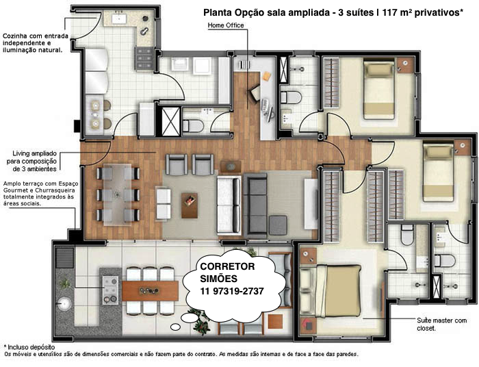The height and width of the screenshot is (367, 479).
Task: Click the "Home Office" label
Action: [226, 25]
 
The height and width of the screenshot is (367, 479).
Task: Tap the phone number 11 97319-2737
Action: [232, 291]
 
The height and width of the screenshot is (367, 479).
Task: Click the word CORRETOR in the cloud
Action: [227, 266]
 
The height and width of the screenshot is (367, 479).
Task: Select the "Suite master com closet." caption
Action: [442, 325]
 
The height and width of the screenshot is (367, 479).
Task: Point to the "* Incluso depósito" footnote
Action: [29, 347]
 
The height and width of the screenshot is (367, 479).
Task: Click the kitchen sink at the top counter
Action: [118, 19]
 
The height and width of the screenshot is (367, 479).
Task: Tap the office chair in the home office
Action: [254, 92]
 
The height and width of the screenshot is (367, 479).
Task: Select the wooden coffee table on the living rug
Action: [190, 205]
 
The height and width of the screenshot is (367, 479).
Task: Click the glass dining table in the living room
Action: [118, 194]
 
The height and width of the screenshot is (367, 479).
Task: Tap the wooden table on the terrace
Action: [151, 290]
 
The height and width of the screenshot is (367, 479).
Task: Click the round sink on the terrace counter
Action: [64, 304]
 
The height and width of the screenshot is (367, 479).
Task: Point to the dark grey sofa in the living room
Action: [255, 205]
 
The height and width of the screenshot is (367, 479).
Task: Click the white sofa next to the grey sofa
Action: [229, 205]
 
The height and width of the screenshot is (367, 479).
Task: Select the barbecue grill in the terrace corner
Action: [65, 258]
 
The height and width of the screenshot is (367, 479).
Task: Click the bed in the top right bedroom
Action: [378, 90]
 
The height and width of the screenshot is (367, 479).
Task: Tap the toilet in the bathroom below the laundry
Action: [193, 125]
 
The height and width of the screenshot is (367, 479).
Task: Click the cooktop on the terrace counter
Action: [110, 290]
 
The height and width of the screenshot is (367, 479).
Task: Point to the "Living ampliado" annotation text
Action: [34, 153]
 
